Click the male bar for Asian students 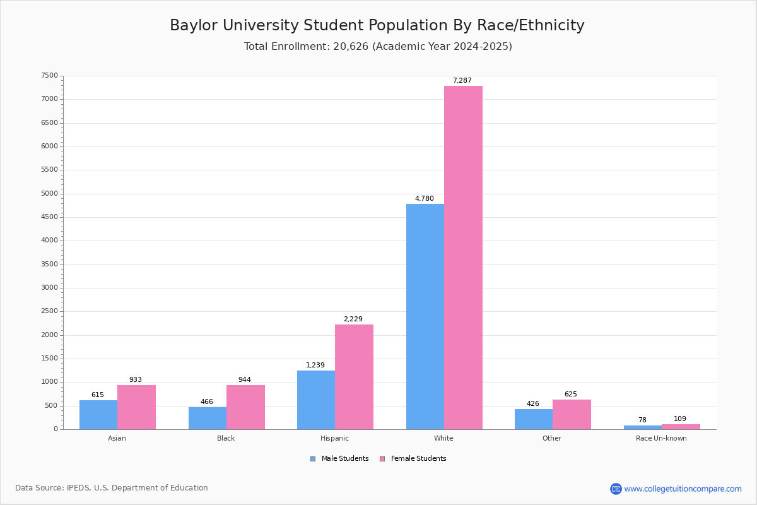click(98, 415)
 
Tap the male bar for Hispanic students click(316, 400)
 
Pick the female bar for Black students click(245, 407)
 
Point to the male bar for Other click(534, 419)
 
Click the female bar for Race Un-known click(681, 427)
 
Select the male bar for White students click(425, 316)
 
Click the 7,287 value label click(462, 80)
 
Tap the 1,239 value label click(315, 365)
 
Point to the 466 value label click(207, 401)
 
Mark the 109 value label click(680, 419)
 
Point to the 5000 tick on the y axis click(50, 194)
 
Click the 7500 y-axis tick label click(50, 76)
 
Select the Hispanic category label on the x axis click(334, 438)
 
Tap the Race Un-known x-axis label click(661, 438)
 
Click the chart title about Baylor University click(377, 25)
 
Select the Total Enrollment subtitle click(378, 47)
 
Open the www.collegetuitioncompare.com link click(683, 489)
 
